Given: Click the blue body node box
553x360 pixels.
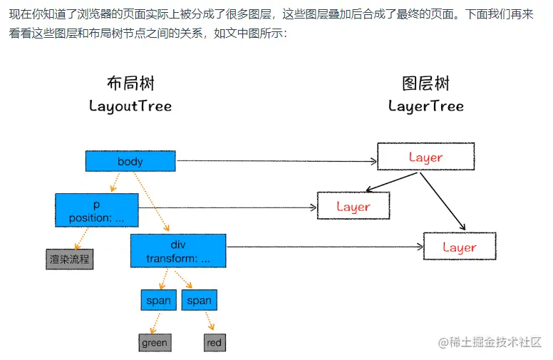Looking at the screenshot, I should (x=130, y=161).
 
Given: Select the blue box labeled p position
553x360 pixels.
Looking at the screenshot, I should (x=96, y=210).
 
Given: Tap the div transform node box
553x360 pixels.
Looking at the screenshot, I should (x=178, y=251).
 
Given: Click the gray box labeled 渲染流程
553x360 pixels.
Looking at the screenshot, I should (x=70, y=259).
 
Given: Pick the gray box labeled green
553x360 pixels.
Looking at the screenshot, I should (x=155, y=343).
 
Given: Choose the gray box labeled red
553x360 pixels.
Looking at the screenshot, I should (x=215, y=343).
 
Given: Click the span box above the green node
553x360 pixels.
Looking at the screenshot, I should (x=158, y=300).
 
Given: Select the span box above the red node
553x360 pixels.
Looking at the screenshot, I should (x=200, y=300).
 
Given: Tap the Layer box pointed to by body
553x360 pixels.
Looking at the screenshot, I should (x=425, y=157).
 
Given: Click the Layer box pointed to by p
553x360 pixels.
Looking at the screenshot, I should (x=353, y=207).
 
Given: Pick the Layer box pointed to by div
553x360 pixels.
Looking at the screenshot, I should (x=460, y=247).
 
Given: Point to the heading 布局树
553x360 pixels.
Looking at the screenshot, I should (x=130, y=83).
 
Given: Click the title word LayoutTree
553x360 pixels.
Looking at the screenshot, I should (x=130, y=106).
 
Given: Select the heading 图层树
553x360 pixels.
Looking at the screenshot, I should (x=426, y=83).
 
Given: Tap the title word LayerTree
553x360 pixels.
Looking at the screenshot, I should (x=426, y=106).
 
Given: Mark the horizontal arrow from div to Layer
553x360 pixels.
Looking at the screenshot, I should (x=324, y=247).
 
